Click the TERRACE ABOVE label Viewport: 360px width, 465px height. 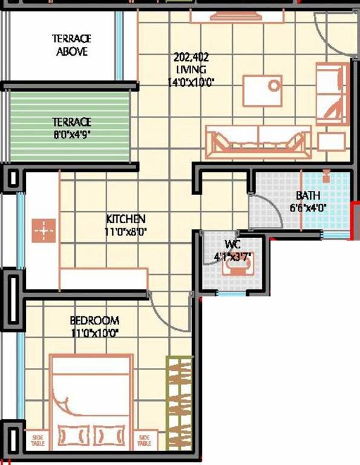click(x=72, y=45)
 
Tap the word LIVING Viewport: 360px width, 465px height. click(x=191, y=70)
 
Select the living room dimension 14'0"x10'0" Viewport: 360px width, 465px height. click(x=191, y=81)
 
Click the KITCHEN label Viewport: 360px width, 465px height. click(x=126, y=219)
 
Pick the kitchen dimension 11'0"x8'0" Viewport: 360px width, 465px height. click(x=126, y=231)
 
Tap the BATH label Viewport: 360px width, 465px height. click(x=308, y=196)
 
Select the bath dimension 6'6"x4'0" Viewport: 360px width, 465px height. click(x=308, y=208)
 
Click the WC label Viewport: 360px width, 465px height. click(x=234, y=244)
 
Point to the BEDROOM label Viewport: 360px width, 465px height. click(x=94, y=320)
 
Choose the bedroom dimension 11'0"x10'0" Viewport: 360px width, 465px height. click(x=94, y=332)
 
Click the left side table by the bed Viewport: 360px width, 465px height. click(x=38, y=440)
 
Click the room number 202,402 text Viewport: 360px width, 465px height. click(x=191, y=58)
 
